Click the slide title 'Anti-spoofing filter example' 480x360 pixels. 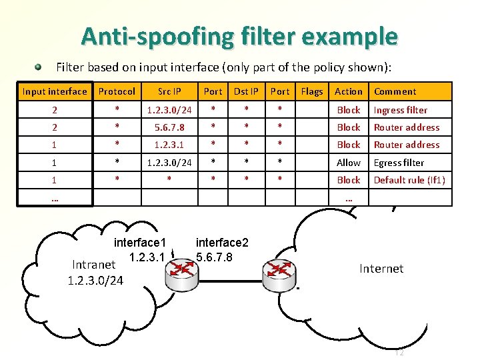point(239,36)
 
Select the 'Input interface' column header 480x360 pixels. point(55,91)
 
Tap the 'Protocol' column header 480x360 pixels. point(117,91)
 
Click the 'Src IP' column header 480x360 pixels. point(169,91)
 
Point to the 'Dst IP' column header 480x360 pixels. point(246,91)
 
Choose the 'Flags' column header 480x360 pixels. point(312,91)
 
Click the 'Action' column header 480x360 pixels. point(349,91)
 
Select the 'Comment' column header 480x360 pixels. point(395,91)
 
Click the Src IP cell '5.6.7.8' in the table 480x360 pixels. point(169,127)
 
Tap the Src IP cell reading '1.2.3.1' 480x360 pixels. point(169,145)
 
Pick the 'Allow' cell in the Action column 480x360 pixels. point(349,163)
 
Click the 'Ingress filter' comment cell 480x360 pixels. point(401,110)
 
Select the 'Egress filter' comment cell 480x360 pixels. point(399,163)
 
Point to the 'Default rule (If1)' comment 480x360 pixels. point(409,180)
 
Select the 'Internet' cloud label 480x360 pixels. point(381,269)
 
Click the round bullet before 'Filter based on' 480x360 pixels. point(39,67)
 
